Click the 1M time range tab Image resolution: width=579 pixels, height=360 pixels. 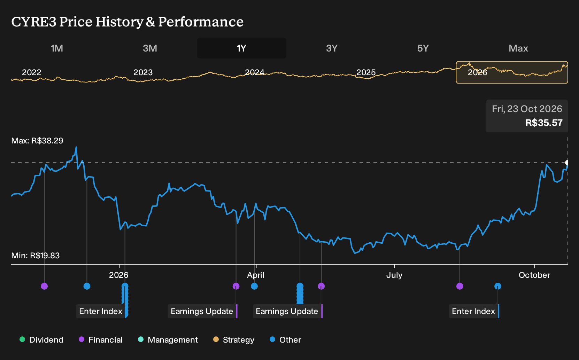pyautogui.click(x=57, y=48)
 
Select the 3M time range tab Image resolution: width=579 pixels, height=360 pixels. pyautogui.click(x=150, y=48)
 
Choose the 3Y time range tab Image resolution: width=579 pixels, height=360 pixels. pyautogui.click(x=332, y=48)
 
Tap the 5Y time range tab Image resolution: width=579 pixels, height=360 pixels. pyautogui.click(x=423, y=48)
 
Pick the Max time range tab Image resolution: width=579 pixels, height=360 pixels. pyautogui.click(x=518, y=48)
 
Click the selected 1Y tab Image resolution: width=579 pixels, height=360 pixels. pyautogui.click(x=242, y=48)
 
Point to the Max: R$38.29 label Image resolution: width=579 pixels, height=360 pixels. pyautogui.click(x=37, y=141)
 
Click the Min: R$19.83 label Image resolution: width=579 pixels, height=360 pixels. pyautogui.click(x=36, y=256)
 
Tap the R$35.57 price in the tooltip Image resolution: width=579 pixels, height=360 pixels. pyautogui.click(x=544, y=123)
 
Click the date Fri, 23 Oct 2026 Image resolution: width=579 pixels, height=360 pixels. pyautogui.click(x=527, y=109)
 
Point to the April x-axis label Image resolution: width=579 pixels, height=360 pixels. pyautogui.click(x=256, y=275)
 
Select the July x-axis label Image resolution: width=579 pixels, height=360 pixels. pyautogui.click(x=394, y=275)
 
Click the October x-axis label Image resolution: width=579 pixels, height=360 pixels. pyautogui.click(x=534, y=275)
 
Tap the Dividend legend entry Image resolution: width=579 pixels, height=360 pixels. pyautogui.click(x=41, y=340)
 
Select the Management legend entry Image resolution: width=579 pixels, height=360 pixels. pyautogui.click(x=168, y=340)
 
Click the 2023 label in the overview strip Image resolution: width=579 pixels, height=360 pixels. pyautogui.click(x=143, y=72)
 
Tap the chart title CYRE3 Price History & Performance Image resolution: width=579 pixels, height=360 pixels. pyautogui.click(x=128, y=22)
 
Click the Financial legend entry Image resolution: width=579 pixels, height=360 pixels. pyautogui.click(x=101, y=340)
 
